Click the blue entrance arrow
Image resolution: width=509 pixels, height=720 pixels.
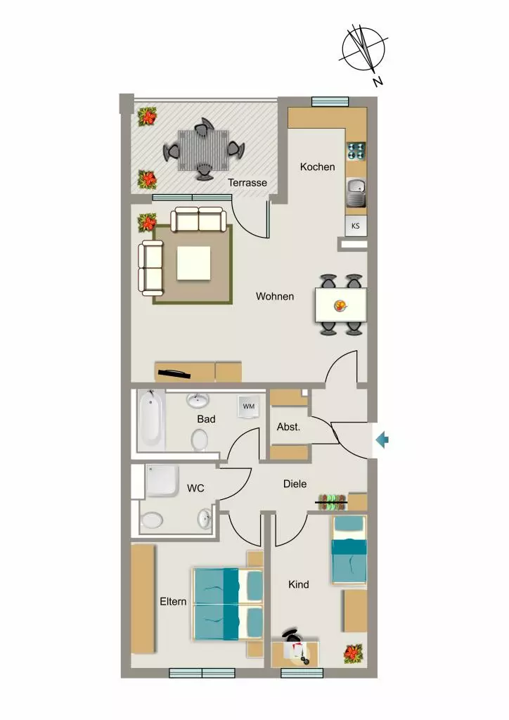(382, 440)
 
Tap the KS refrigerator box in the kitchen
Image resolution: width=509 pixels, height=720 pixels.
(356, 226)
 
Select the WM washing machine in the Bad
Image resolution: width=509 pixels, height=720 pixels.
(249, 407)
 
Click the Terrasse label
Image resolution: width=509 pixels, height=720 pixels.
(247, 183)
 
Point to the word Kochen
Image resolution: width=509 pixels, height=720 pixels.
(317, 167)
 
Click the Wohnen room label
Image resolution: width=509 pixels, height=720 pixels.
(275, 297)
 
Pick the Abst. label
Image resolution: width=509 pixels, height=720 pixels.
(288, 427)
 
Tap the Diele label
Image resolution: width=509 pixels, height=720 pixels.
(295, 484)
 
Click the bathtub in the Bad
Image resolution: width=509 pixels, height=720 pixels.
(150, 420)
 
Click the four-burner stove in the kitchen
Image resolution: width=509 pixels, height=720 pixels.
(356, 151)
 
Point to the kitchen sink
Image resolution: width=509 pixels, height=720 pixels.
(356, 193)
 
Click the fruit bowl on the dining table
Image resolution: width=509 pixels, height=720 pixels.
(340, 305)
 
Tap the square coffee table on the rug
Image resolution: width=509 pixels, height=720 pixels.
(193, 263)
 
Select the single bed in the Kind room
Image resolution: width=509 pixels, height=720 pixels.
(349, 550)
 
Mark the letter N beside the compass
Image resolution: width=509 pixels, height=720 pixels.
(378, 82)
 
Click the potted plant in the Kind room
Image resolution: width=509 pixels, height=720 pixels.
(354, 654)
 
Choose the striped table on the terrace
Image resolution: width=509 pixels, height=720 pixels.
(203, 150)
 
